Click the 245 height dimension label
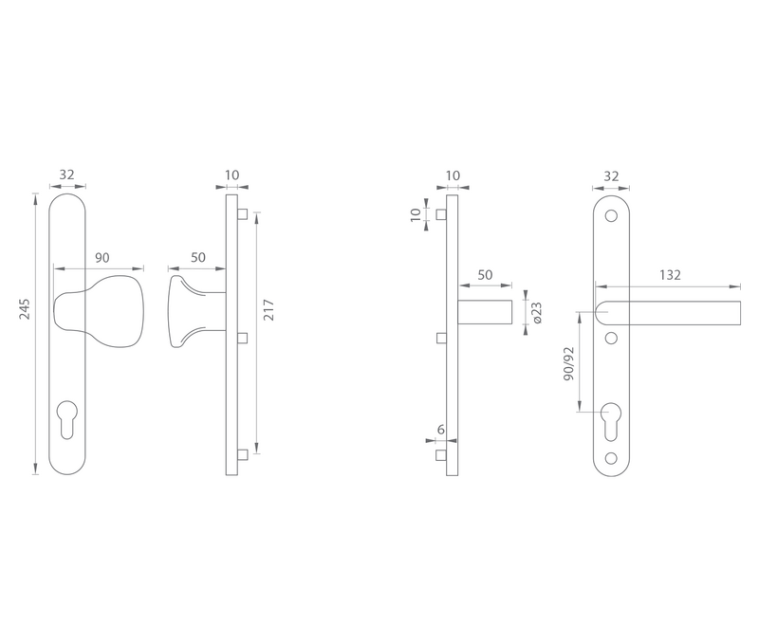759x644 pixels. pyautogui.click(x=26, y=309)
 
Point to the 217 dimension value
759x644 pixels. pyautogui.click(x=269, y=310)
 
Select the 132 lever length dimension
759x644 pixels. pyautogui.click(x=670, y=275)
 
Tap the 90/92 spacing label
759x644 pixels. pyautogui.click(x=569, y=363)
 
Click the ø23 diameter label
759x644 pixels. pyautogui.click(x=536, y=312)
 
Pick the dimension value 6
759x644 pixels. pyautogui.click(x=440, y=430)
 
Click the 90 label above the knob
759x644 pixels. pyautogui.click(x=102, y=258)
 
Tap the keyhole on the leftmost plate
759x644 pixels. pyautogui.click(x=66, y=418)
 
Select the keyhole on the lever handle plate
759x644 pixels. pyautogui.click(x=611, y=421)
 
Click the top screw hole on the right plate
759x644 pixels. pyautogui.click(x=611, y=216)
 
